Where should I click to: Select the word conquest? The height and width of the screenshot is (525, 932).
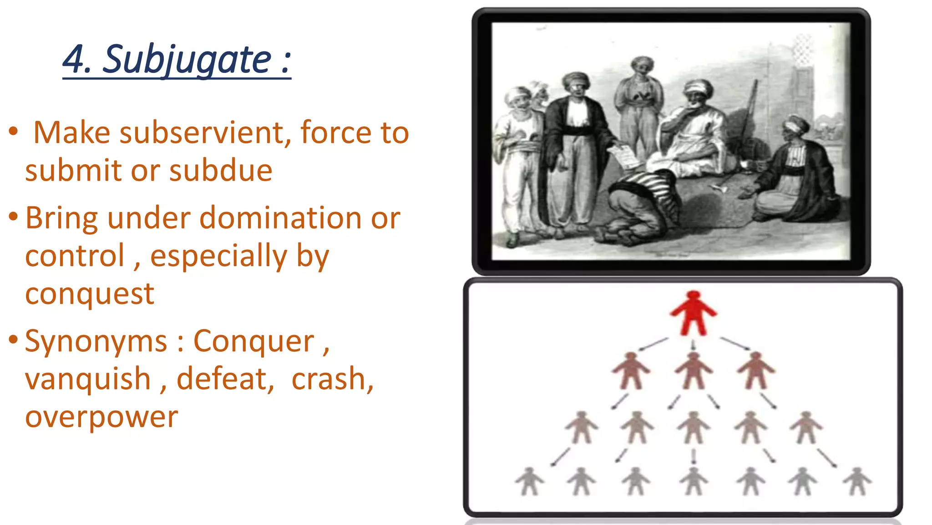click(90, 294)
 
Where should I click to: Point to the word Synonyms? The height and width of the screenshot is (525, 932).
click(96, 341)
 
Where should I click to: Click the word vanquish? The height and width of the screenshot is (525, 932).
click(88, 379)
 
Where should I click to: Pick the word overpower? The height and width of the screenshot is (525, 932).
click(101, 417)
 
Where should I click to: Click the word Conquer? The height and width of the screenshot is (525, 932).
click(254, 341)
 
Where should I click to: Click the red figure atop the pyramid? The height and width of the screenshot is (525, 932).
click(693, 314)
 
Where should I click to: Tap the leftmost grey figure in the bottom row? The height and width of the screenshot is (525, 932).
click(529, 481)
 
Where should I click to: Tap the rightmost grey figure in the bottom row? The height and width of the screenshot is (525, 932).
click(857, 481)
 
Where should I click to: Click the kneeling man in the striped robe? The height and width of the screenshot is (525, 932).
click(642, 205)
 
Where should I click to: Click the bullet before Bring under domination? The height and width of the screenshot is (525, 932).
click(13, 216)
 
